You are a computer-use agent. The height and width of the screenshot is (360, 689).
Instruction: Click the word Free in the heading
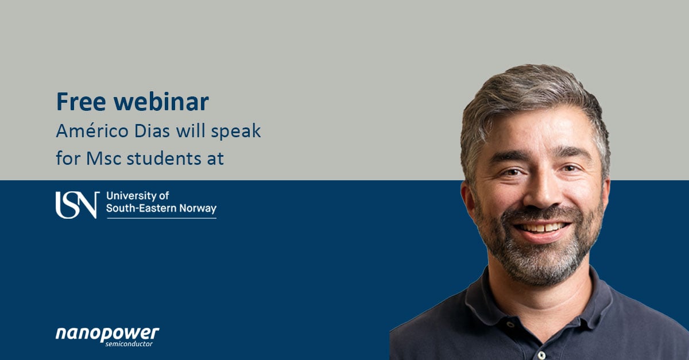click(81, 102)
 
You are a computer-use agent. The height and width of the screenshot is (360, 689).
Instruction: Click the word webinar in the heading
click(161, 101)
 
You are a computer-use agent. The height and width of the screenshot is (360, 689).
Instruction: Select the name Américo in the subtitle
click(92, 130)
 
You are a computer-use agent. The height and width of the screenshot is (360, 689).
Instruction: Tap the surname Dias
click(152, 130)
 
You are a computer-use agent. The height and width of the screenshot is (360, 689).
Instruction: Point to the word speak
click(236, 131)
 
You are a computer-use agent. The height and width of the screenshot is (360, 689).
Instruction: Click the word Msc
click(104, 158)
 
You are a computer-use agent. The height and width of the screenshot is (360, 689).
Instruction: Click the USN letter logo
click(78, 205)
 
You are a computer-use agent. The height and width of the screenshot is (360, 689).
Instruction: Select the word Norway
click(198, 208)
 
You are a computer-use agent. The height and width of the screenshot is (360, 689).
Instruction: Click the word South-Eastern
click(141, 208)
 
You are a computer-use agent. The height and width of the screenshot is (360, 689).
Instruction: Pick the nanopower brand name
click(107, 334)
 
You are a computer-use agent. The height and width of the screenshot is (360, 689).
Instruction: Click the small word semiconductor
click(129, 344)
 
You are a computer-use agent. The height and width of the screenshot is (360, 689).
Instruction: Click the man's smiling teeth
click(541, 228)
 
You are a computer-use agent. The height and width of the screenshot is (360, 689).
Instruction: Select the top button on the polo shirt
click(510, 324)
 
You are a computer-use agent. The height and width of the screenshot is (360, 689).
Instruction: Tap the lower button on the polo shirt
click(541, 355)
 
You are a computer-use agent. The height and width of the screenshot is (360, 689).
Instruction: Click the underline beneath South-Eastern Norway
click(161, 218)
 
